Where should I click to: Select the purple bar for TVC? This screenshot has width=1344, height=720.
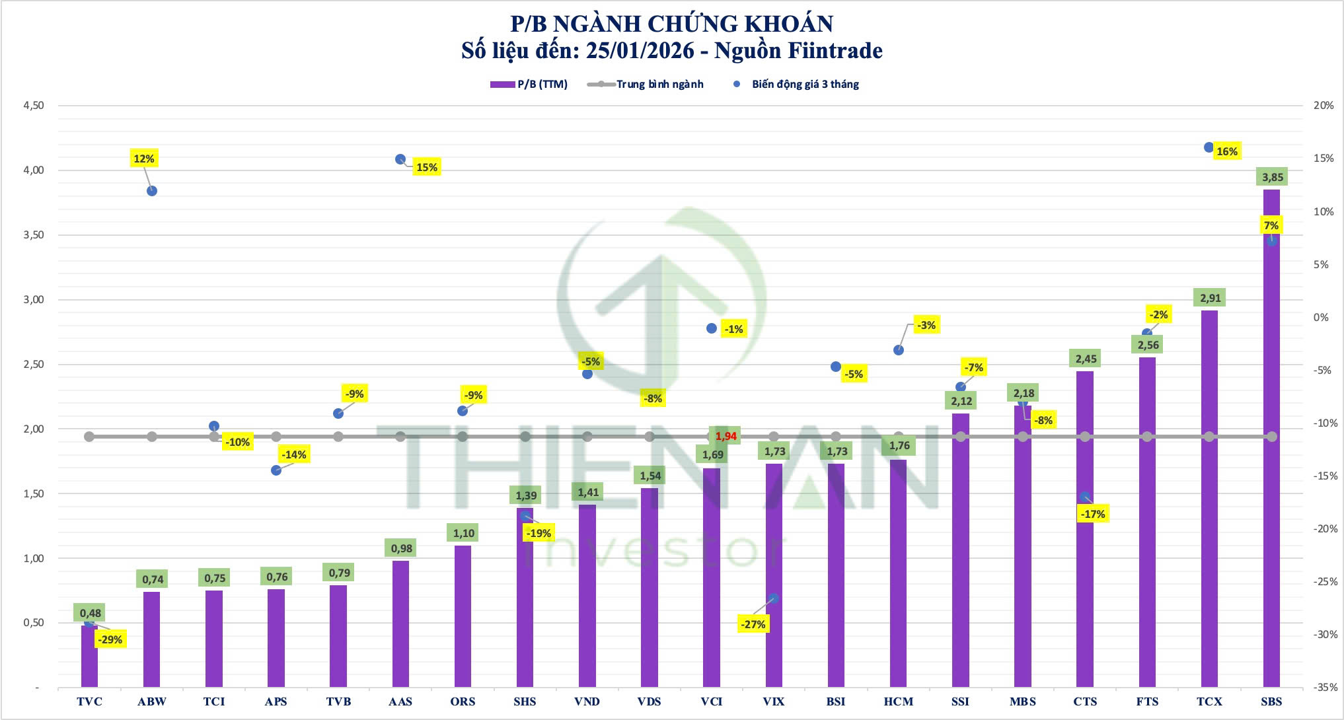pyautogui.click(x=89, y=657)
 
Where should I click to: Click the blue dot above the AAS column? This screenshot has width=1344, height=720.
pyautogui.click(x=400, y=159)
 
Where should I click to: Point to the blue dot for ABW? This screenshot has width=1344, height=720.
pyautogui.click(x=152, y=191)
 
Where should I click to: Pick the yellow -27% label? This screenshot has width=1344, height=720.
pyautogui.click(x=753, y=624)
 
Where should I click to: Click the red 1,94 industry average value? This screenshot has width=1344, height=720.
pyautogui.click(x=726, y=436)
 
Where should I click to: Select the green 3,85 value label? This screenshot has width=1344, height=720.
pyautogui.click(x=1273, y=177)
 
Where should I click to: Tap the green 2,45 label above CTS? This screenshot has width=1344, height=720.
pyautogui.click(x=1086, y=359)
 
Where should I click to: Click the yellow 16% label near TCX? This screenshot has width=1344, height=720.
pyautogui.click(x=1226, y=151)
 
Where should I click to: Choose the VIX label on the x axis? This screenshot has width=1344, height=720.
pyautogui.click(x=774, y=702)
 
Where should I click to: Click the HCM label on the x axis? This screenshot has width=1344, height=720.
pyautogui.click(x=898, y=702)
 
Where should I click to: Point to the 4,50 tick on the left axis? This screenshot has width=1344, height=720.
pyautogui.click(x=33, y=106)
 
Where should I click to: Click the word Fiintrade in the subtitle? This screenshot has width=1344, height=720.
pyautogui.click(x=836, y=51)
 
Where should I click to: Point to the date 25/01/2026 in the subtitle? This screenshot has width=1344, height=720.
pyautogui.click(x=640, y=51)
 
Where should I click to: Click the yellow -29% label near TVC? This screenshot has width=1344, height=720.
pyautogui.click(x=110, y=639)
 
